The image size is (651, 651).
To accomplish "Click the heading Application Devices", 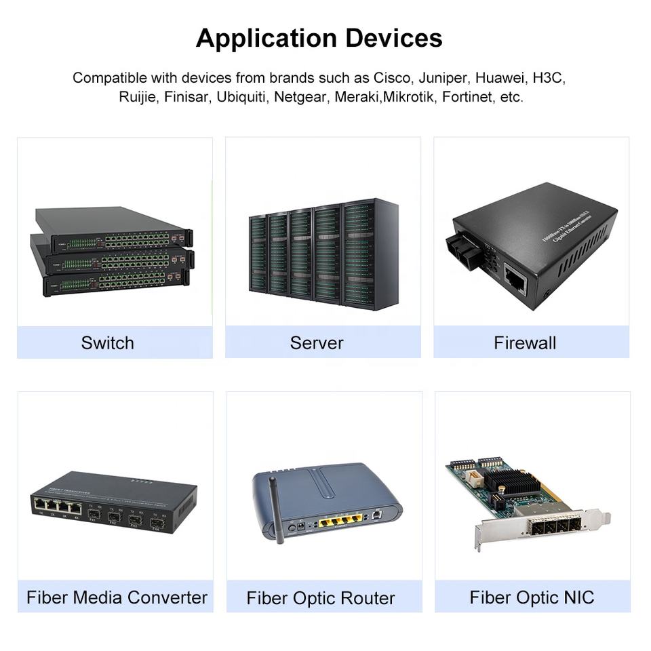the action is (319, 38).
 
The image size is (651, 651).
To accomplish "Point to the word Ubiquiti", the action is (242, 97).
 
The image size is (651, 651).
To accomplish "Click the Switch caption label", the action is (107, 342).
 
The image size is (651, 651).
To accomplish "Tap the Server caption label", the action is (317, 342).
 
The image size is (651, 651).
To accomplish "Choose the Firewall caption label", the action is (525, 342).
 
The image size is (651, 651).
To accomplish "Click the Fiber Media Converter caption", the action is (117, 597).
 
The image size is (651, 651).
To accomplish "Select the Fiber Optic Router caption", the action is (321, 598).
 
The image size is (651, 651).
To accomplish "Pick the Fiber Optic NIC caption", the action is (532, 597).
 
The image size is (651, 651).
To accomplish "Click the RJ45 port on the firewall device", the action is (515, 279).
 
